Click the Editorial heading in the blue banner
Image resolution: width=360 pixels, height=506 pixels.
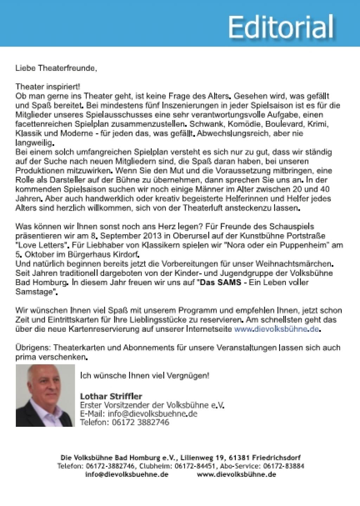point(280,27)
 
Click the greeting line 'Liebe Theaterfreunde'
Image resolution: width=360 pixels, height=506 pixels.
point(56,68)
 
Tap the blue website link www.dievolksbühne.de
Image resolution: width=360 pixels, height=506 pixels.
point(277,329)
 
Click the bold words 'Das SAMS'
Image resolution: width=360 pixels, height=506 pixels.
point(220,283)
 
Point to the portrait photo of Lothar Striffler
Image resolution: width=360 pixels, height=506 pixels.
point(45,396)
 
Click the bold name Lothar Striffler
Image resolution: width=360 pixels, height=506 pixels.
point(111,396)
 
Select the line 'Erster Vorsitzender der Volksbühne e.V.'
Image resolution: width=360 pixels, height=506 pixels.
point(152,405)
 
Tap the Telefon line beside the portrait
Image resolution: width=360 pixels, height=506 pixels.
point(125,422)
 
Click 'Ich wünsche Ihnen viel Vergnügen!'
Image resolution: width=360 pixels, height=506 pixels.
point(145,375)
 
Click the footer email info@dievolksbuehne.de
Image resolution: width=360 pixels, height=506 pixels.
point(127,474)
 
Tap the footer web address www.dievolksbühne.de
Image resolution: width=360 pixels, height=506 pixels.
point(237,474)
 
